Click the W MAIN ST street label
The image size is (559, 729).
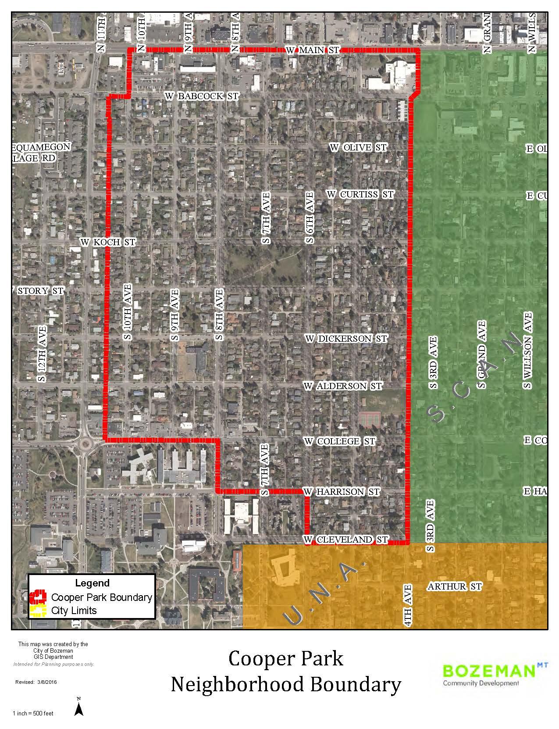coord(312,50)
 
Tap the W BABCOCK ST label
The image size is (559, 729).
coord(202,96)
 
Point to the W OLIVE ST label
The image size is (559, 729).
coord(358,147)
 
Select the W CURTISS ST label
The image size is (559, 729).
coord(360,194)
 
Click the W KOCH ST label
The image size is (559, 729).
coord(108,242)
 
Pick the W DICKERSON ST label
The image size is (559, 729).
coord(346,339)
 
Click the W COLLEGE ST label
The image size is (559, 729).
coord(340,441)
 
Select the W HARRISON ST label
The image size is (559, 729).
coord(341,492)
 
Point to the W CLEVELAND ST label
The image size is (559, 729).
coord(346,539)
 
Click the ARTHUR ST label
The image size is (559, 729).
coord(454,586)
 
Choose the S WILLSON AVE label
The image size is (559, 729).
coord(527,350)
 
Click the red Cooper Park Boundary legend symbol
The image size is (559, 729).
coord(39,597)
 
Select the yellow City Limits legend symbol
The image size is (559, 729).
coord(39,610)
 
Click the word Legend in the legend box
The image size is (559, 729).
coord(92,583)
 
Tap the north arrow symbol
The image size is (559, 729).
coord(79,709)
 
